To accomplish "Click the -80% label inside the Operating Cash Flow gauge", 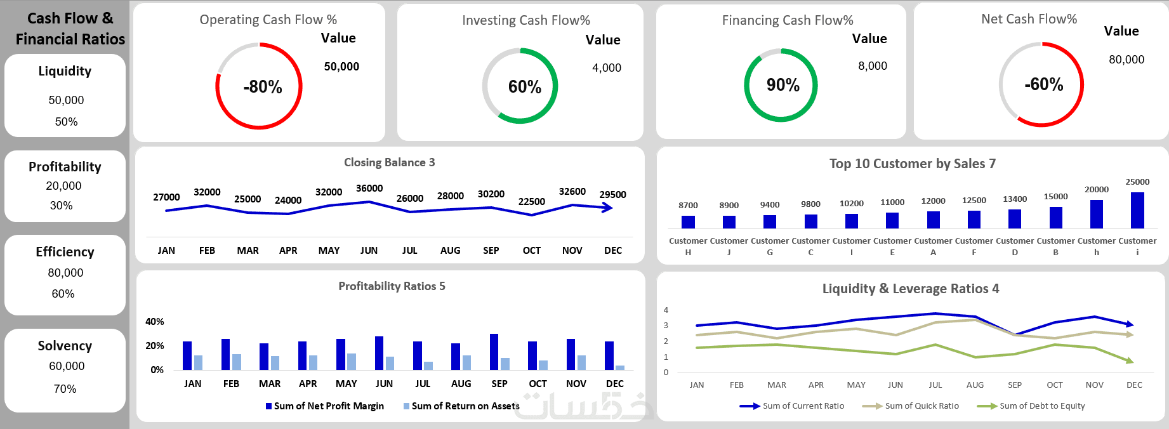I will point(262,87).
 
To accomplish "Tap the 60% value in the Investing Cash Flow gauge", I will point(524,87).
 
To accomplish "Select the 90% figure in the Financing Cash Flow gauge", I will point(783,85).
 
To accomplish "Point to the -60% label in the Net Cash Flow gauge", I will point(1043,84).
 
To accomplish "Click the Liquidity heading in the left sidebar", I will point(65,71).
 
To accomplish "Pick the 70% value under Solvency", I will point(65,389).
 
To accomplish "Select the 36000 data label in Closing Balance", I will point(369,188).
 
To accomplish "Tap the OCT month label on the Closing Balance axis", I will point(531,251).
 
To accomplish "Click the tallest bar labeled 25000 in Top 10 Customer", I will point(1137,210).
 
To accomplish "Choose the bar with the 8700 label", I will point(688,221).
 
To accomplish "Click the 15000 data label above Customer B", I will point(1056,197).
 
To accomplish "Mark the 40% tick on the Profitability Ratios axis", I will point(155,322).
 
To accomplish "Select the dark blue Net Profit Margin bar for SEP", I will point(494,352).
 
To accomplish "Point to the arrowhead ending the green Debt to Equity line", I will point(1130,360).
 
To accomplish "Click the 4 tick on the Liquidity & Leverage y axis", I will point(666,310).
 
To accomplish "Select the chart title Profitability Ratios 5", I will point(392,286).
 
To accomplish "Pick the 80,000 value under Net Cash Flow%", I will point(1126,60).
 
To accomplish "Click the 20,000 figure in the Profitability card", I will point(63,186).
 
